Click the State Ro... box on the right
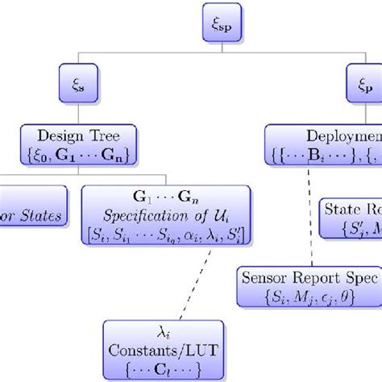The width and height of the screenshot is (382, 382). (352, 217)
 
